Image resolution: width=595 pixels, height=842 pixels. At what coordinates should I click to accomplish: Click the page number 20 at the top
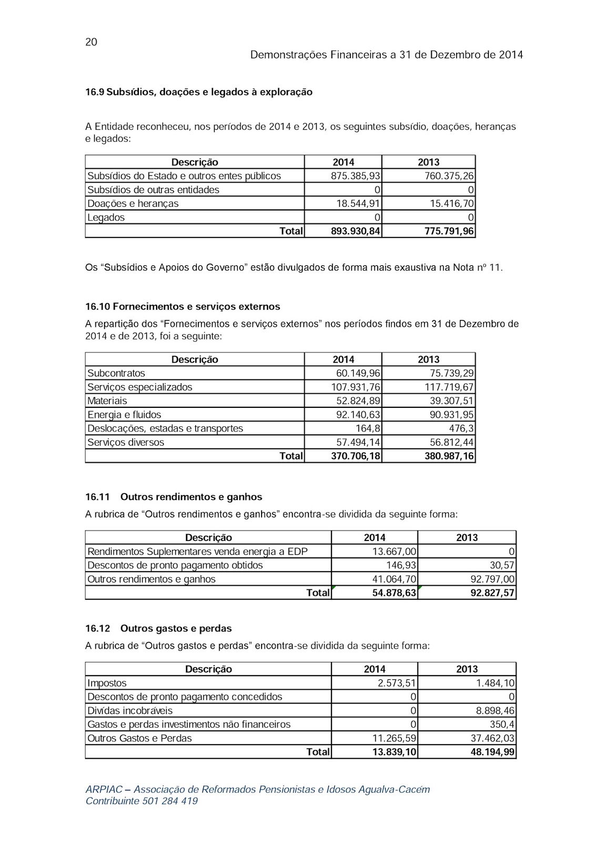(x=91, y=42)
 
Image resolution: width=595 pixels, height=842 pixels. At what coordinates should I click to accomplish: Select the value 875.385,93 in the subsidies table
(x=356, y=176)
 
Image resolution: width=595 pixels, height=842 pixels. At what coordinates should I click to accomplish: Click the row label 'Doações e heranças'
(x=133, y=204)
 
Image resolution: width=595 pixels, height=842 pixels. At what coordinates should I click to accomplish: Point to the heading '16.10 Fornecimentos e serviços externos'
(x=183, y=306)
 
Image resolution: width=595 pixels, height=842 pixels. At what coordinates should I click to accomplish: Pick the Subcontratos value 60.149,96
(x=358, y=373)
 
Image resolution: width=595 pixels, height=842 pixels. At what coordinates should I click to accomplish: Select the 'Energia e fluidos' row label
(x=124, y=415)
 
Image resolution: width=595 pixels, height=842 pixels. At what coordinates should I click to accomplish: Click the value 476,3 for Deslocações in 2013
(x=461, y=428)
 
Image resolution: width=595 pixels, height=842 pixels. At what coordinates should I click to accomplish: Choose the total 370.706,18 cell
(x=356, y=456)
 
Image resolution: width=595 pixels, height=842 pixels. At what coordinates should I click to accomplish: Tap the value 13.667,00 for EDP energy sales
(x=395, y=552)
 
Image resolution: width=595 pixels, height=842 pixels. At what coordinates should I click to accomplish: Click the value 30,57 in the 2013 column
(x=502, y=565)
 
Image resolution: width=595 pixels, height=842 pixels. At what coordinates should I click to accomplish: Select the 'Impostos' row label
(x=107, y=683)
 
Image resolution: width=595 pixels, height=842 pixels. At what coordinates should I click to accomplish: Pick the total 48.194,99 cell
(x=492, y=752)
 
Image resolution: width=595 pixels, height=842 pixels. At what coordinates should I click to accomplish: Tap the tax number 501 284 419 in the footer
(x=170, y=801)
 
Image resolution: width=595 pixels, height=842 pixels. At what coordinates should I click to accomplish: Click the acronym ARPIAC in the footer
(x=104, y=789)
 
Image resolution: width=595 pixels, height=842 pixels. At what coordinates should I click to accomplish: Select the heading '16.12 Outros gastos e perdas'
(x=158, y=628)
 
